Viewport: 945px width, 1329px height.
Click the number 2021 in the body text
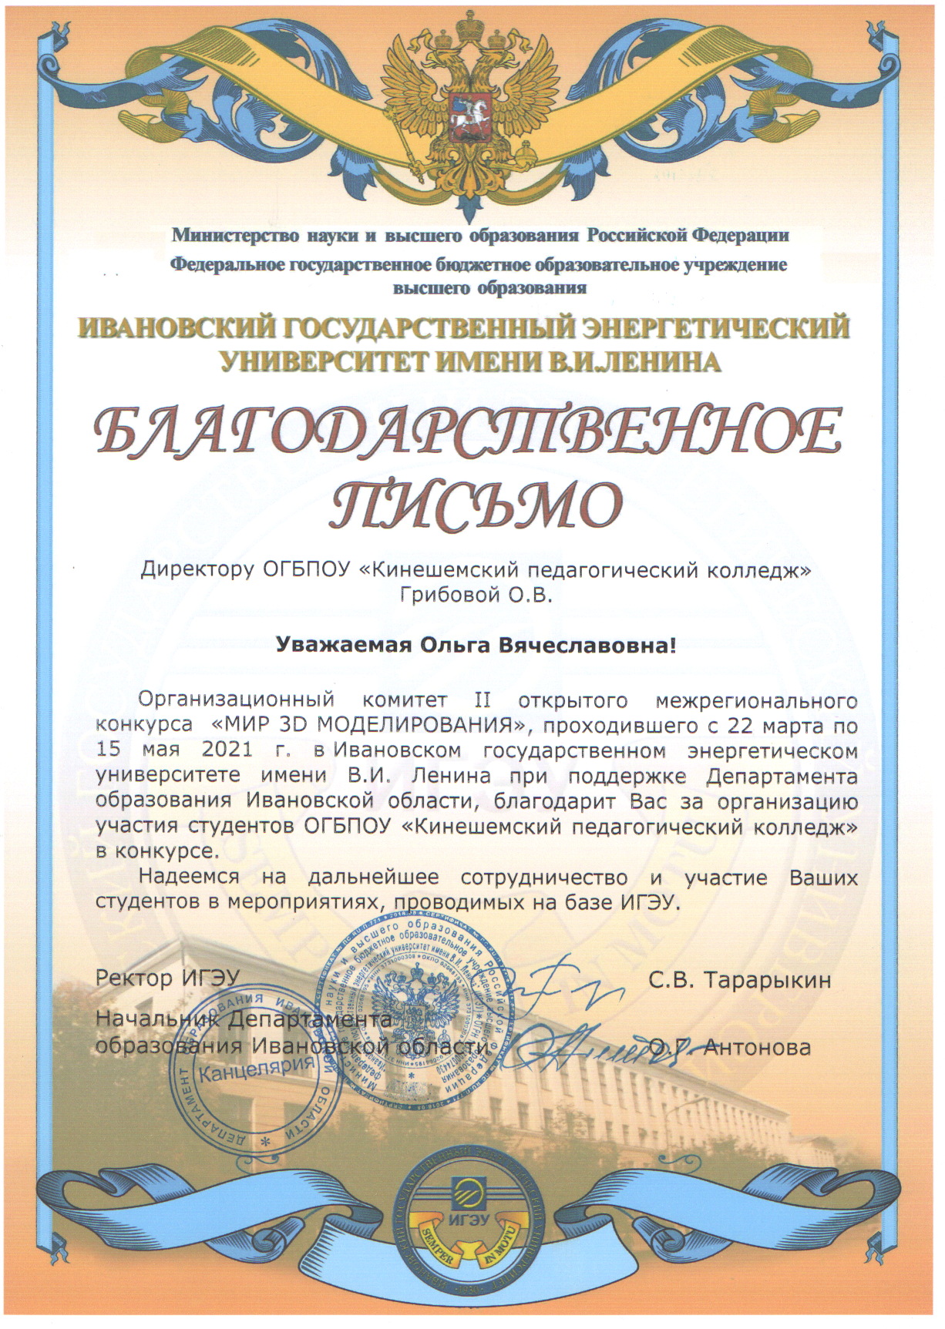point(227,749)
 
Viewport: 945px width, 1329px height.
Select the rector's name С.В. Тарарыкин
point(740,980)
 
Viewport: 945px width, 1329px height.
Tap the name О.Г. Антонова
point(731,1047)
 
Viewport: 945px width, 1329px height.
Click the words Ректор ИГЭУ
point(168,978)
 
